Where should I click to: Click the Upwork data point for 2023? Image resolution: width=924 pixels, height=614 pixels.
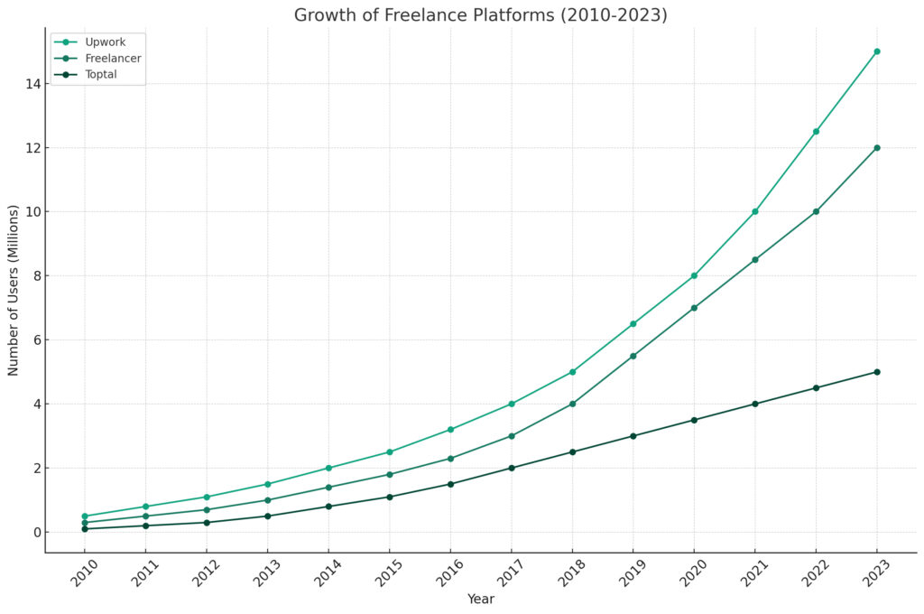tap(876, 51)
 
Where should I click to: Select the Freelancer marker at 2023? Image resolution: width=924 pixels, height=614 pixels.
tap(876, 148)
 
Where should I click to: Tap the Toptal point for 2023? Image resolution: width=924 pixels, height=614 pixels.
tap(876, 372)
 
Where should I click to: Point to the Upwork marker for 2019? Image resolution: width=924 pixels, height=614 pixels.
tap(633, 324)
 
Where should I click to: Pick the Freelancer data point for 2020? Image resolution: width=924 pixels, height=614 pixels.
tap(694, 308)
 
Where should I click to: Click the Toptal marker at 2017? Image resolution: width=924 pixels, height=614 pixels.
tap(511, 468)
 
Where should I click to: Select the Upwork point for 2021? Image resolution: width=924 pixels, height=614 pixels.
tap(754, 211)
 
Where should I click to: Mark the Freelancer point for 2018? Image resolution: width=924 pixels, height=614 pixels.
tap(572, 404)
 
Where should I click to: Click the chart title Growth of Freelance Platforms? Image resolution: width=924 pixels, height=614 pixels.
tap(480, 15)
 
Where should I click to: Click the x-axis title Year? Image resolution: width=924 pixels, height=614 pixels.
tap(480, 599)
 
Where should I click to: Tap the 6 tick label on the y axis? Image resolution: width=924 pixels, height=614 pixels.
tap(35, 340)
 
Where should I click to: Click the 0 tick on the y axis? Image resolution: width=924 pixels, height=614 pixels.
tap(35, 533)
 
